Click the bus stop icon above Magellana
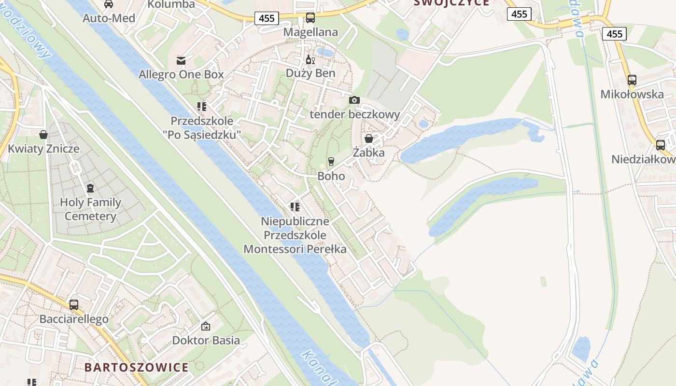point(310,18)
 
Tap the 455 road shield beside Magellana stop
point(266,18)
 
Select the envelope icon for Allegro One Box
point(181,61)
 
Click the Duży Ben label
point(310,73)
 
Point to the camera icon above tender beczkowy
point(354,100)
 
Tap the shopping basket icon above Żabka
point(369,138)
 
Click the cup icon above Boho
point(331,161)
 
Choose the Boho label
point(331,176)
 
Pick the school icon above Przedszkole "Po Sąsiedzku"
point(201,107)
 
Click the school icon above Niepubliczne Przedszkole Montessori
point(295,207)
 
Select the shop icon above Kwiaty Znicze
point(43,134)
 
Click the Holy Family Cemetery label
point(90,209)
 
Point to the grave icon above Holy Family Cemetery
point(90,188)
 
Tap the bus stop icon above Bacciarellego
point(74,304)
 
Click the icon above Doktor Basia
point(206,326)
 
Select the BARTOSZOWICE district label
point(137,367)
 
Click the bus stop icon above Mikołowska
point(632,80)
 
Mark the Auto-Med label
point(109,18)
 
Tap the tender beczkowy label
point(354,114)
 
